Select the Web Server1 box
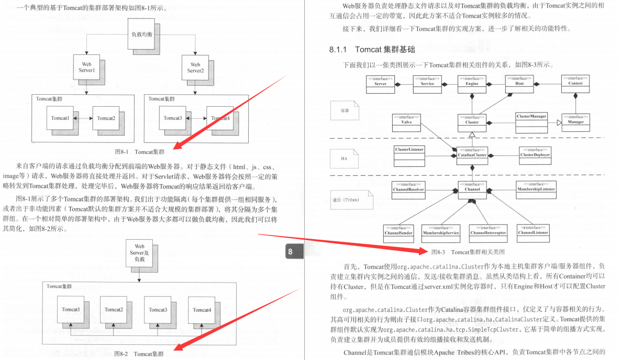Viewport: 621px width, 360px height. pyautogui.click(x=86, y=67)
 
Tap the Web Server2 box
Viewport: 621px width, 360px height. pyautogui.click(x=195, y=67)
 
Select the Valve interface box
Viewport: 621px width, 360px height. pyautogui.click(x=406, y=122)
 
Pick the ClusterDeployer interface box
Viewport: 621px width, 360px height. pyautogui.click(x=535, y=152)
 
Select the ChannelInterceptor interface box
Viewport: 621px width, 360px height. pyautogui.click(x=488, y=231)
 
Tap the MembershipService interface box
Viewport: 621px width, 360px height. pyautogui.click(x=440, y=231)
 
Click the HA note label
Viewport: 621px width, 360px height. pyautogui.click(x=344, y=157)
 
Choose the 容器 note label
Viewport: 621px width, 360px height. pyautogui.click(x=344, y=110)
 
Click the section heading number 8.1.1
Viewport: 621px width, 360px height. pyautogui.click(x=338, y=50)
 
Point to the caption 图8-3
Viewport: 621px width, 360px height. pyautogui.click(x=438, y=252)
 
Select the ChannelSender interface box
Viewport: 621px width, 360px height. pyautogui.click(x=399, y=231)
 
